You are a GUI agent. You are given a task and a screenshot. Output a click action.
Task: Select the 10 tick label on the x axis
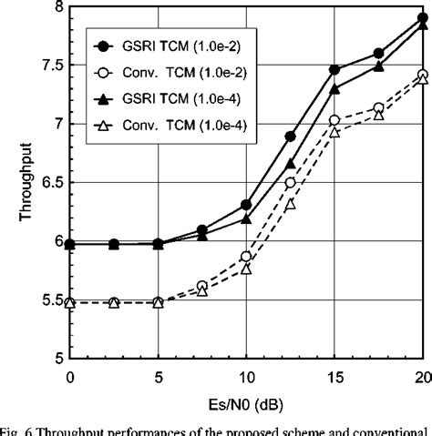(x=245, y=375)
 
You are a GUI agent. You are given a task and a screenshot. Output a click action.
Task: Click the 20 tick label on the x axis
(x=421, y=375)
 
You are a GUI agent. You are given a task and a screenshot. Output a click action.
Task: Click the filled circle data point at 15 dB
(x=334, y=69)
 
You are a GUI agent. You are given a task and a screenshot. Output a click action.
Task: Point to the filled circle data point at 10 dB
(x=246, y=205)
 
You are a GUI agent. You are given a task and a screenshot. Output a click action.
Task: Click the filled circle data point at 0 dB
(x=70, y=244)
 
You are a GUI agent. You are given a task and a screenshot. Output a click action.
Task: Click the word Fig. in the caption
(x=11, y=430)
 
